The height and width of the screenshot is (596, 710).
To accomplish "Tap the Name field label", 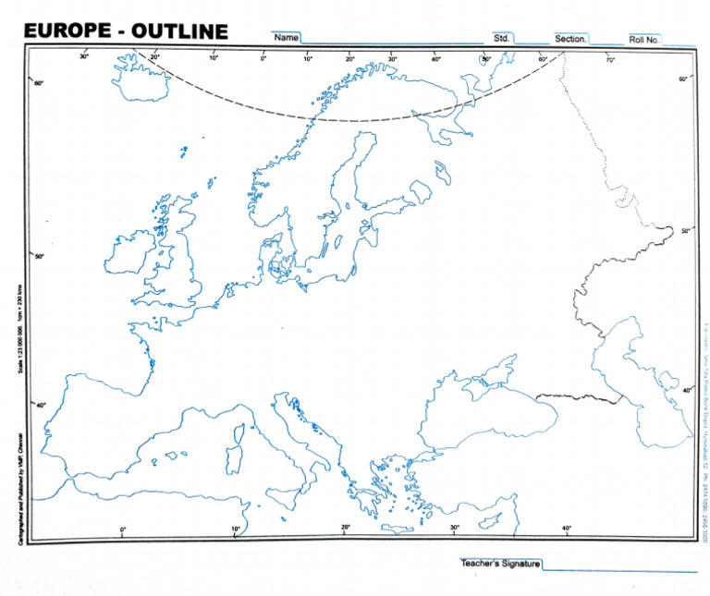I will (286, 38).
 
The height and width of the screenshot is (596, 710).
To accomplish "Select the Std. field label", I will (502, 39).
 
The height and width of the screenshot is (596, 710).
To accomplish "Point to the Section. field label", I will (570, 40).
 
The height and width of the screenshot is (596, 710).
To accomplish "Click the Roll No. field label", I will (643, 40).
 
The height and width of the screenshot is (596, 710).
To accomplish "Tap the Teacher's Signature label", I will (500, 563).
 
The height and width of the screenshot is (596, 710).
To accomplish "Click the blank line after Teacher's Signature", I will (619, 568).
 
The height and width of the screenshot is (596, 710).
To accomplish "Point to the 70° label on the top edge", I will (610, 60).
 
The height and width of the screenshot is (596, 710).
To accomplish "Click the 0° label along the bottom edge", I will (123, 529).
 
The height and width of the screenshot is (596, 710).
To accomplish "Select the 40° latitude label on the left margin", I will (40, 405).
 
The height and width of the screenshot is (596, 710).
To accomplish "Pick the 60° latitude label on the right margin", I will (683, 79).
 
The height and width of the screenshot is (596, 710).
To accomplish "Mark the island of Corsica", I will (238, 431).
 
